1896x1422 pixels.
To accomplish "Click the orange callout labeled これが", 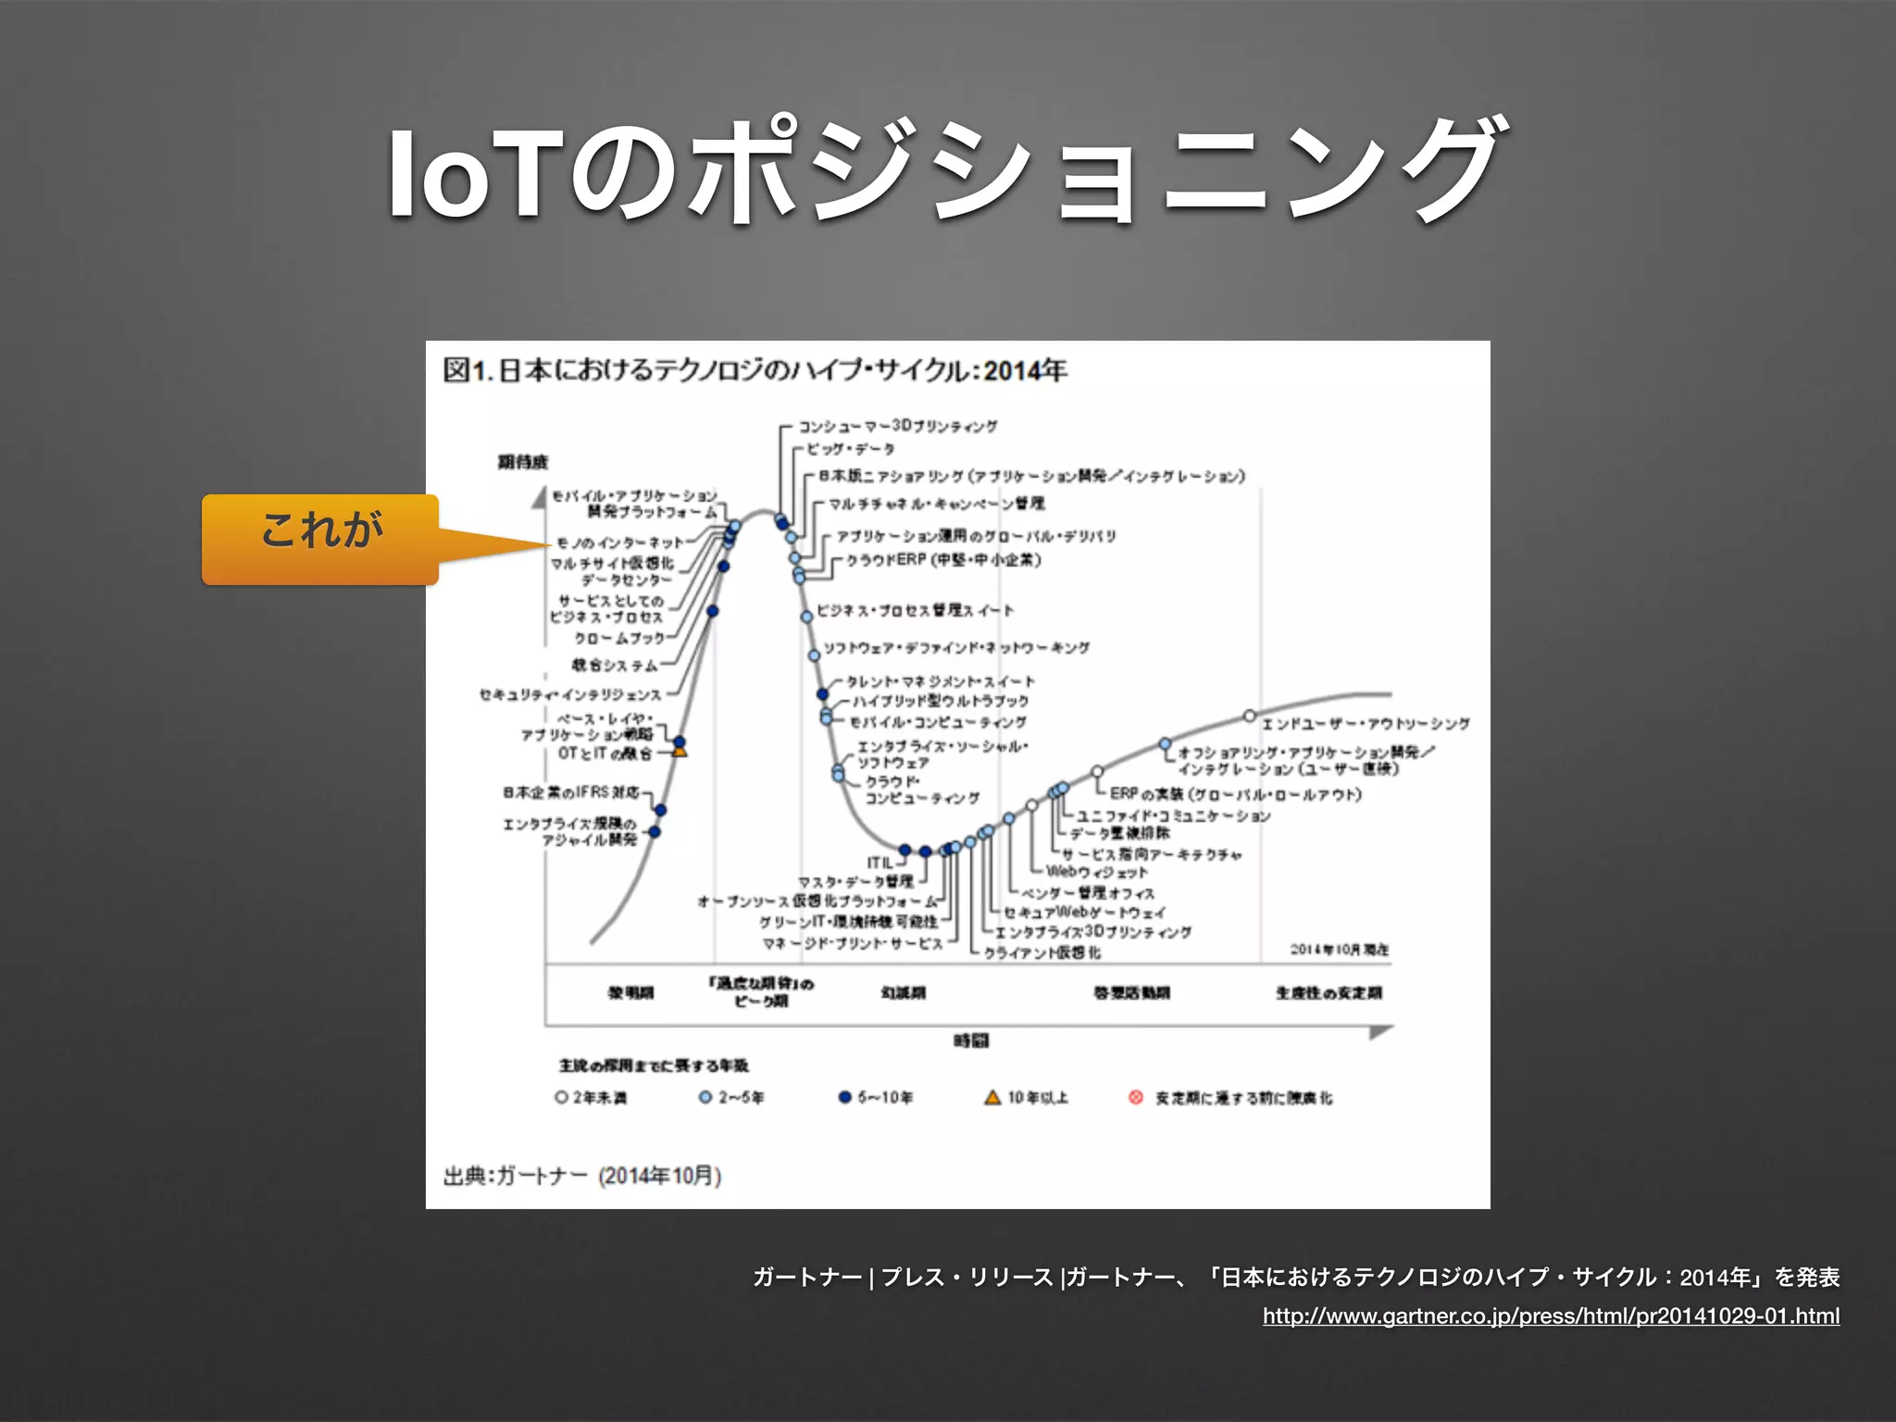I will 320,538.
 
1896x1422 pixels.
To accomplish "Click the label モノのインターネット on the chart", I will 619,543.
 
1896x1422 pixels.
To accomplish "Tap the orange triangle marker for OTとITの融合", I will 680,752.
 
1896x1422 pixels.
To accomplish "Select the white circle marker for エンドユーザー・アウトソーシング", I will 1249,716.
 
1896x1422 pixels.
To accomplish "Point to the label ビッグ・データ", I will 850,450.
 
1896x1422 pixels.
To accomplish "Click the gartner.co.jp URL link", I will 1551,1316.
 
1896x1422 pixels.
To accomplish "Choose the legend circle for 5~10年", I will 844,1097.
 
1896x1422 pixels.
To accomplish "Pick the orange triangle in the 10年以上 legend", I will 992,1097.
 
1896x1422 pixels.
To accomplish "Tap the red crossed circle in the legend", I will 1136,1097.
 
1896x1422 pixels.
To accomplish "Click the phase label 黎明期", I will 630,993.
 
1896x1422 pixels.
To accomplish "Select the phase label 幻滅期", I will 903,993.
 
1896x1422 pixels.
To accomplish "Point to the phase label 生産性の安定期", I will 1328,993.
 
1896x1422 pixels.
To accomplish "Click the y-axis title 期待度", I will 523,462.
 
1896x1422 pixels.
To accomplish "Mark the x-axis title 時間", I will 971,1042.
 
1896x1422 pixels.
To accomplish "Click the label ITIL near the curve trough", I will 879,863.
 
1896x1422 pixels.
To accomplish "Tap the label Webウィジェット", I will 1096,872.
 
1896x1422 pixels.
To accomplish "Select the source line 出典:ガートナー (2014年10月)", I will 582,1176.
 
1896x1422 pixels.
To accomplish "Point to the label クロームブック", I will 619,639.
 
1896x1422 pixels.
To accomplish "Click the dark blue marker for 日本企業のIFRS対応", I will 660,810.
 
